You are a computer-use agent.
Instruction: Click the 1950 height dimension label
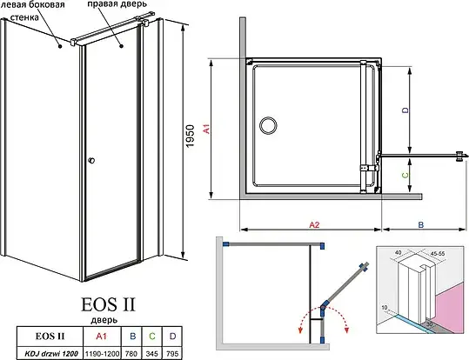pos(190,136)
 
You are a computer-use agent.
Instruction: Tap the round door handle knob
pos(92,161)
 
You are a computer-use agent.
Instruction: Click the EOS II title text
pos(108,304)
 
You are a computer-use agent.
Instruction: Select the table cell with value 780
pos(133,354)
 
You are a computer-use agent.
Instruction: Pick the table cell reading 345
pos(152,354)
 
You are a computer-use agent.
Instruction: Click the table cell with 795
pos(172,354)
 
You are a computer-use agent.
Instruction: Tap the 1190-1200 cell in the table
pos(103,354)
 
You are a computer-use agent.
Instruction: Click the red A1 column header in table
pos(102,337)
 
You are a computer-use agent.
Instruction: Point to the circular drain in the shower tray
pos(268,125)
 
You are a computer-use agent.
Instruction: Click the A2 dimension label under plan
pos(314,224)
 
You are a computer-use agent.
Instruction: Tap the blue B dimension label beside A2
pos(420,224)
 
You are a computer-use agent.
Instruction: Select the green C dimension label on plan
pos(405,175)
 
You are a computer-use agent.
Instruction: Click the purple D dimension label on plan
pos(405,110)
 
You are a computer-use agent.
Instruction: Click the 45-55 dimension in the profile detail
pos(438,253)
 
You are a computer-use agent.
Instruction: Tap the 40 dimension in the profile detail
pos(399,252)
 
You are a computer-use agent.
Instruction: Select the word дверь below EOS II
pos(104,320)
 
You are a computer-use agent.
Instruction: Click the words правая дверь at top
pos(117,4)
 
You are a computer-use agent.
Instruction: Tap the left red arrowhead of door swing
pos(299,330)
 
